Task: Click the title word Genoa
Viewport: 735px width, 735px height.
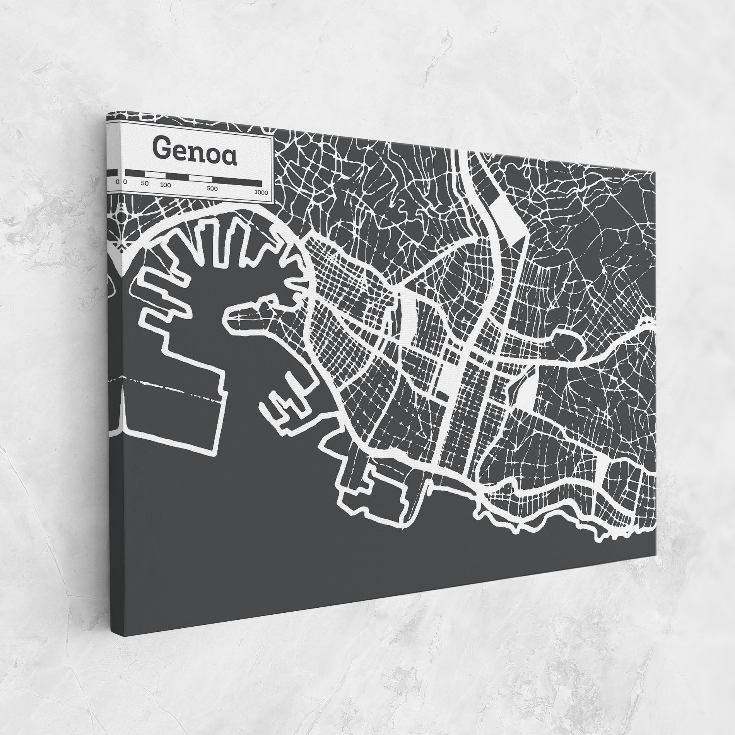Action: [195, 152]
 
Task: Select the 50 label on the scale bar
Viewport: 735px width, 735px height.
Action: [145, 184]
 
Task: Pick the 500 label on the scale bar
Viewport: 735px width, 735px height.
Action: [212, 189]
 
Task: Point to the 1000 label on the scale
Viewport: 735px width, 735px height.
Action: [262, 192]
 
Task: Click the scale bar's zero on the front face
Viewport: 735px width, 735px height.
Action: [125, 182]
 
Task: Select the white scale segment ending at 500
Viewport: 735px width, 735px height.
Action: [200, 178]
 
